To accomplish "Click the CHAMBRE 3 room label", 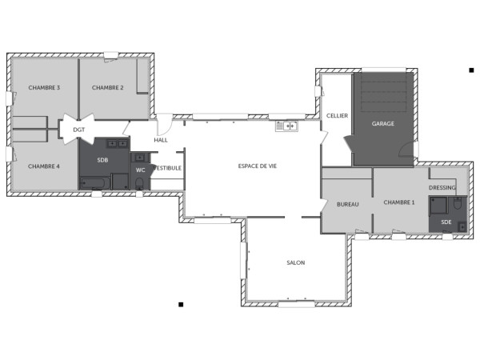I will (x=44, y=87).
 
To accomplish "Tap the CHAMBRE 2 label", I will (x=107, y=87).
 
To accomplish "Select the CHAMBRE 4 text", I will (x=44, y=166).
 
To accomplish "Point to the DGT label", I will (x=78, y=129).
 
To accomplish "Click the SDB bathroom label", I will (x=102, y=159).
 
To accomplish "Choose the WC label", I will (x=140, y=170).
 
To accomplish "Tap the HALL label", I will (x=161, y=140).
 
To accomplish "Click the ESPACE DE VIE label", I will (x=258, y=166).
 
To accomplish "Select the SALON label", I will (x=295, y=262).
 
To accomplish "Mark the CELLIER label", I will (x=337, y=115).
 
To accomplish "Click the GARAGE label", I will (x=383, y=124).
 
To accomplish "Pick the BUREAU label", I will (x=347, y=205).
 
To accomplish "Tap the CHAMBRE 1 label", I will (x=399, y=202).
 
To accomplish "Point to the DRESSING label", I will (x=442, y=188).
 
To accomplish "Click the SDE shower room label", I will (x=446, y=221).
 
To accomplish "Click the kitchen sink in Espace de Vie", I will (x=286, y=126).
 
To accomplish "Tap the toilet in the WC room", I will (x=140, y=184).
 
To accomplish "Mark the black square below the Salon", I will (x=181, y=304).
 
